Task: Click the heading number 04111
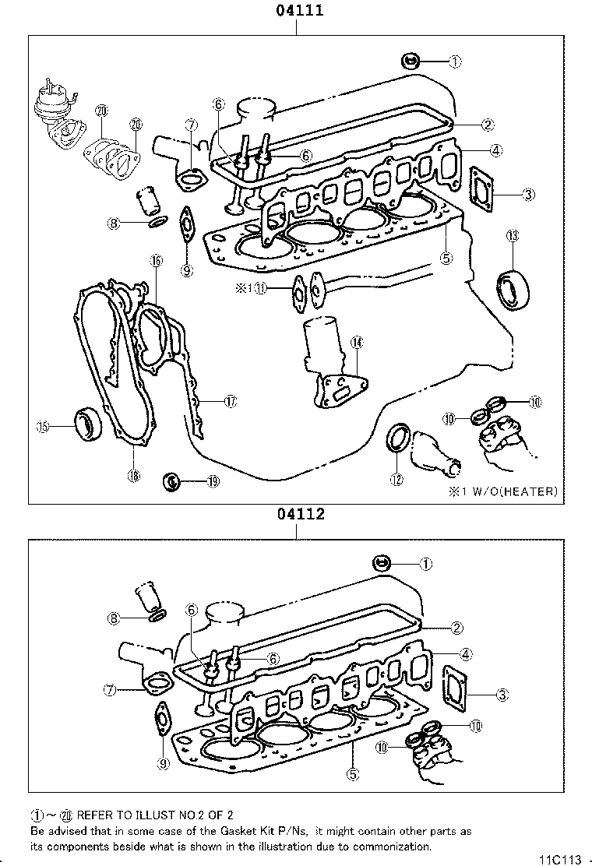coord(297,11)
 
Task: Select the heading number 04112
coord(297,515)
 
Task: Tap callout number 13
coord(512,236)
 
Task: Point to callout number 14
coord(356,342)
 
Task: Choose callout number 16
coord(156,261)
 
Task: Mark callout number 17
coord(230,402)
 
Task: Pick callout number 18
coord(134,475)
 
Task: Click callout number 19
coord(213,482)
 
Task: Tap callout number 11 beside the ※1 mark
coord(261,288)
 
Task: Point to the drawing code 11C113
coord(560,859)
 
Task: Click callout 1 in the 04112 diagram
coord(426,563)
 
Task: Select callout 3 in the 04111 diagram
coord(529,194)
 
